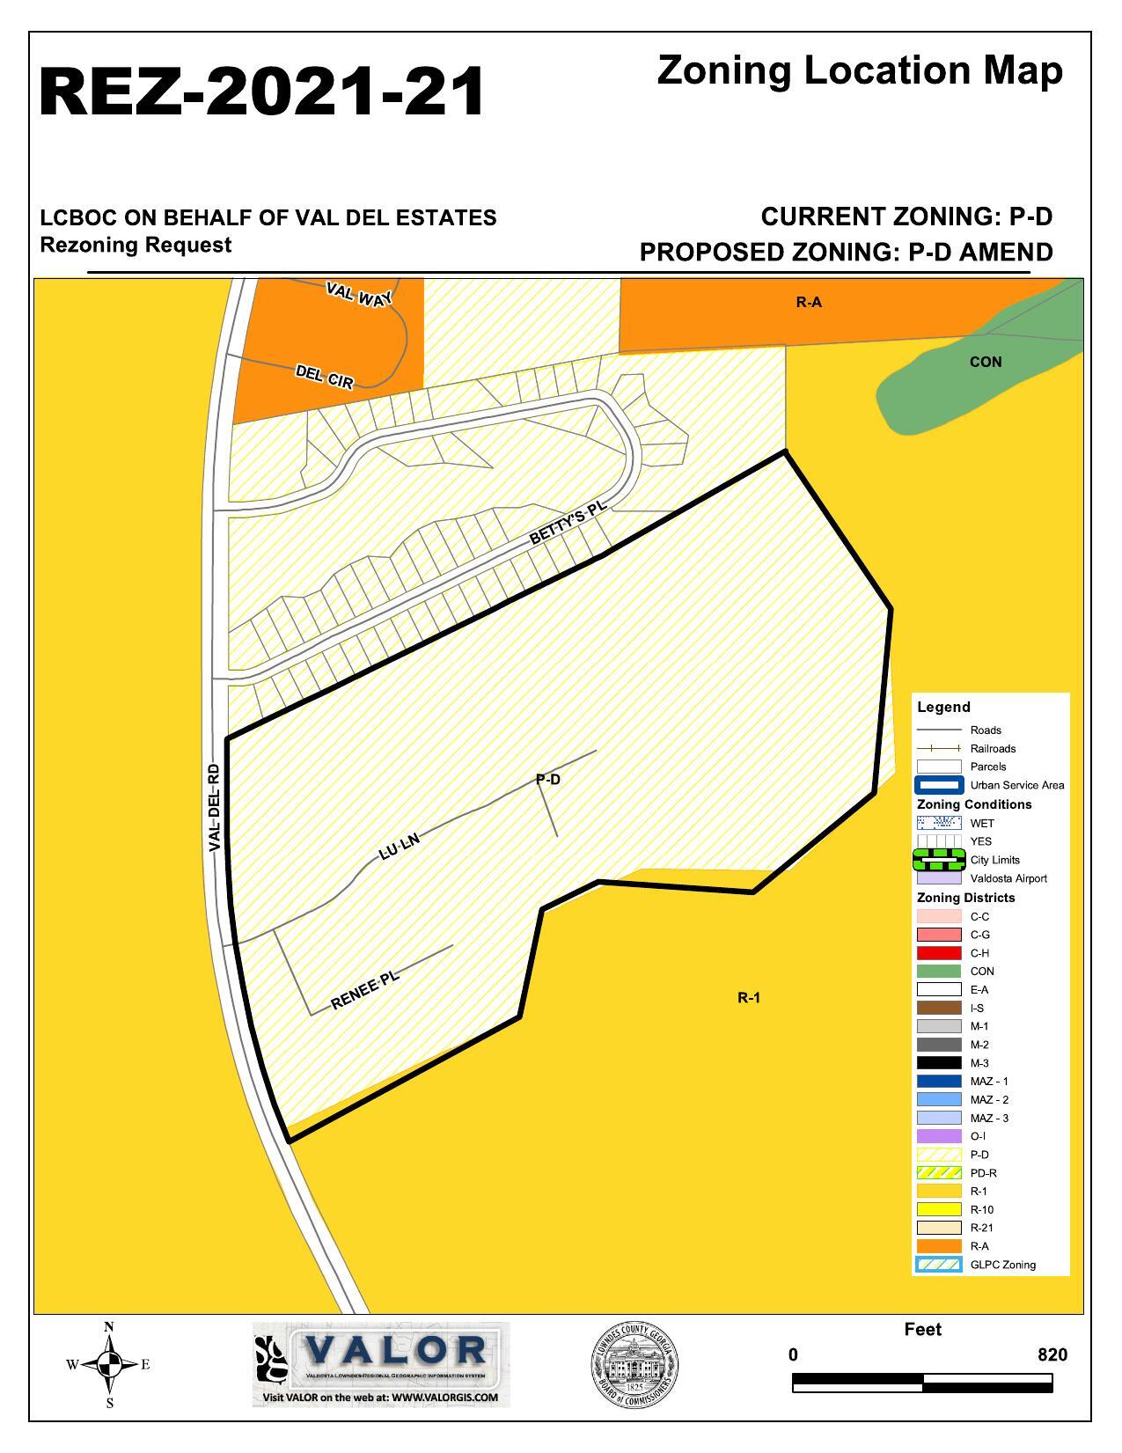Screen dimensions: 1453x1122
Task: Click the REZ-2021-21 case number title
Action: tap(261, 92)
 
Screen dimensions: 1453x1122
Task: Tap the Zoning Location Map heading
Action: tap(859, 70)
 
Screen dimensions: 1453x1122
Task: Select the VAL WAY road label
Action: tap(359, 294)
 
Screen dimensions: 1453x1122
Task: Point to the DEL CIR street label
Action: tap(325, 377)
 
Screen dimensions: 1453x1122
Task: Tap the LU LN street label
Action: tap(400, 846)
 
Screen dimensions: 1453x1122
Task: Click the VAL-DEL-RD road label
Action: tap(215, 807)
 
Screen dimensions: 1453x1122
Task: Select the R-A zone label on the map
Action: tap(809, 302)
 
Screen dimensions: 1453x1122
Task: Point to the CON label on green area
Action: tap(985, 362)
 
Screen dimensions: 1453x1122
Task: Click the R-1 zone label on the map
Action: tap(749, 997)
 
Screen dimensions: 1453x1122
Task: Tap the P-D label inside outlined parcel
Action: tap(547, 779)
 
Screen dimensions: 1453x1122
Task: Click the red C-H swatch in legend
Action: tap(938, 953)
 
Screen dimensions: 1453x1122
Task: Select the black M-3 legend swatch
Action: tap(938, 1063)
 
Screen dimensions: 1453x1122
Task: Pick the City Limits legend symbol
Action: tap(938, 860)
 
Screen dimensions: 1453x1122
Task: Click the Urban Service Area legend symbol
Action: tap(938, 785)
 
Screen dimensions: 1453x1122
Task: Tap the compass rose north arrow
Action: tap(109, 1365)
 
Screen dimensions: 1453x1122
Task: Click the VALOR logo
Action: tap(381, 1363)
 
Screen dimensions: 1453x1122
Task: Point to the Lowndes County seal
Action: tap(634, 1365)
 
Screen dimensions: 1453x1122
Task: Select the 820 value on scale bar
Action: tap(1052, 1354)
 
